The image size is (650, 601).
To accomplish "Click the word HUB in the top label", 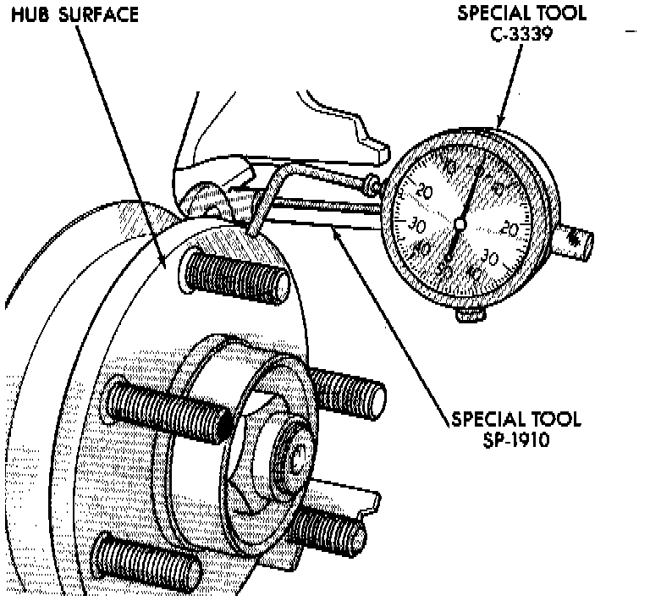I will (x=29, y=15).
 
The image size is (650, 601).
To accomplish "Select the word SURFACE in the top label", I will (x=97, y=15).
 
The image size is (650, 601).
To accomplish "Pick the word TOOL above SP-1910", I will (x=552, y=419).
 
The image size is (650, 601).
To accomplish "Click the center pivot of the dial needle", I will (x=460, y=223).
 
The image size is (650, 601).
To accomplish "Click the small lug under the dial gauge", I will (x=471, y=315).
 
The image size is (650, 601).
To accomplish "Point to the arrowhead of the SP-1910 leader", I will (x=335, y=228).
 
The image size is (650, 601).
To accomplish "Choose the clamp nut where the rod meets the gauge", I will (x=371, y=183).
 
